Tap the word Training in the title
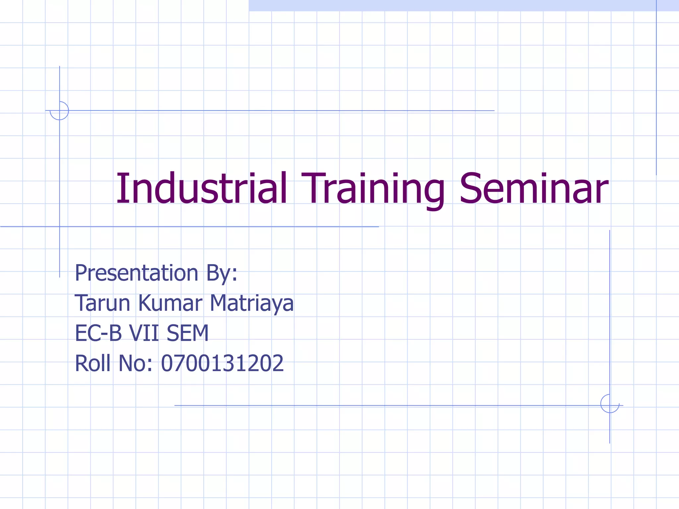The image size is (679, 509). pyautogui.click(x=373, y=189)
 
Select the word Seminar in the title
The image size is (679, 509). pyautogui.click(x=534, y=189)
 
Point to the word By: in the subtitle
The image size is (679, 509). pyautogui.click(x=222, y=274)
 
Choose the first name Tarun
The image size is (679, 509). pyautogui.click(x=102, y=303)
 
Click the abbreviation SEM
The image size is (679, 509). pyautogui.click(x=188, y=333)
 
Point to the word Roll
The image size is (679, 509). pyautogui.click(x=93, y=363)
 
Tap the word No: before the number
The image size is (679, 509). pyautogui.click(x=135, y=363)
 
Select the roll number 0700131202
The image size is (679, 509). pyautogui.click(x=222, y=363)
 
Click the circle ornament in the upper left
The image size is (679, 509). pyautogui.click(x=59, y=111)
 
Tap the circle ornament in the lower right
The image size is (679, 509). pyautogui.click(x=610, y=404)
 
